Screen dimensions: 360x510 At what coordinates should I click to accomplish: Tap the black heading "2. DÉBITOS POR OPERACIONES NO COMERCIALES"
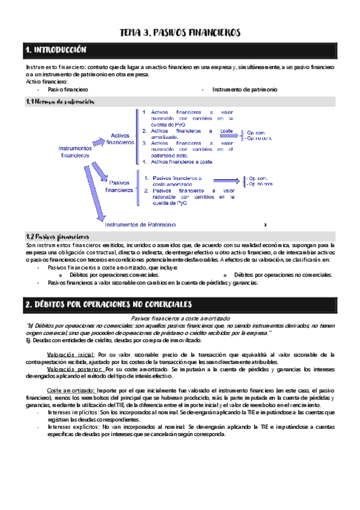pos(108,304)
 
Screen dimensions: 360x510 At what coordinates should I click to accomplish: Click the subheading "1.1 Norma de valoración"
pos(60,102)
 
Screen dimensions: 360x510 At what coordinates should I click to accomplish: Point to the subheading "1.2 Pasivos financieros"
pos(58,237)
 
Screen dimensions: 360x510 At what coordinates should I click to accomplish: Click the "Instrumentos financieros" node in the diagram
pos(76,151)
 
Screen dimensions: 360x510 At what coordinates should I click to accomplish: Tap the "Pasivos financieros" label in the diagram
pos(119,186)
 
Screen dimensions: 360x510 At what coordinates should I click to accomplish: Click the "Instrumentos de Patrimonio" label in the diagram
pos(140,225)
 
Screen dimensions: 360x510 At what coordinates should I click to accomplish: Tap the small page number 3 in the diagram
pos(265,225)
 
